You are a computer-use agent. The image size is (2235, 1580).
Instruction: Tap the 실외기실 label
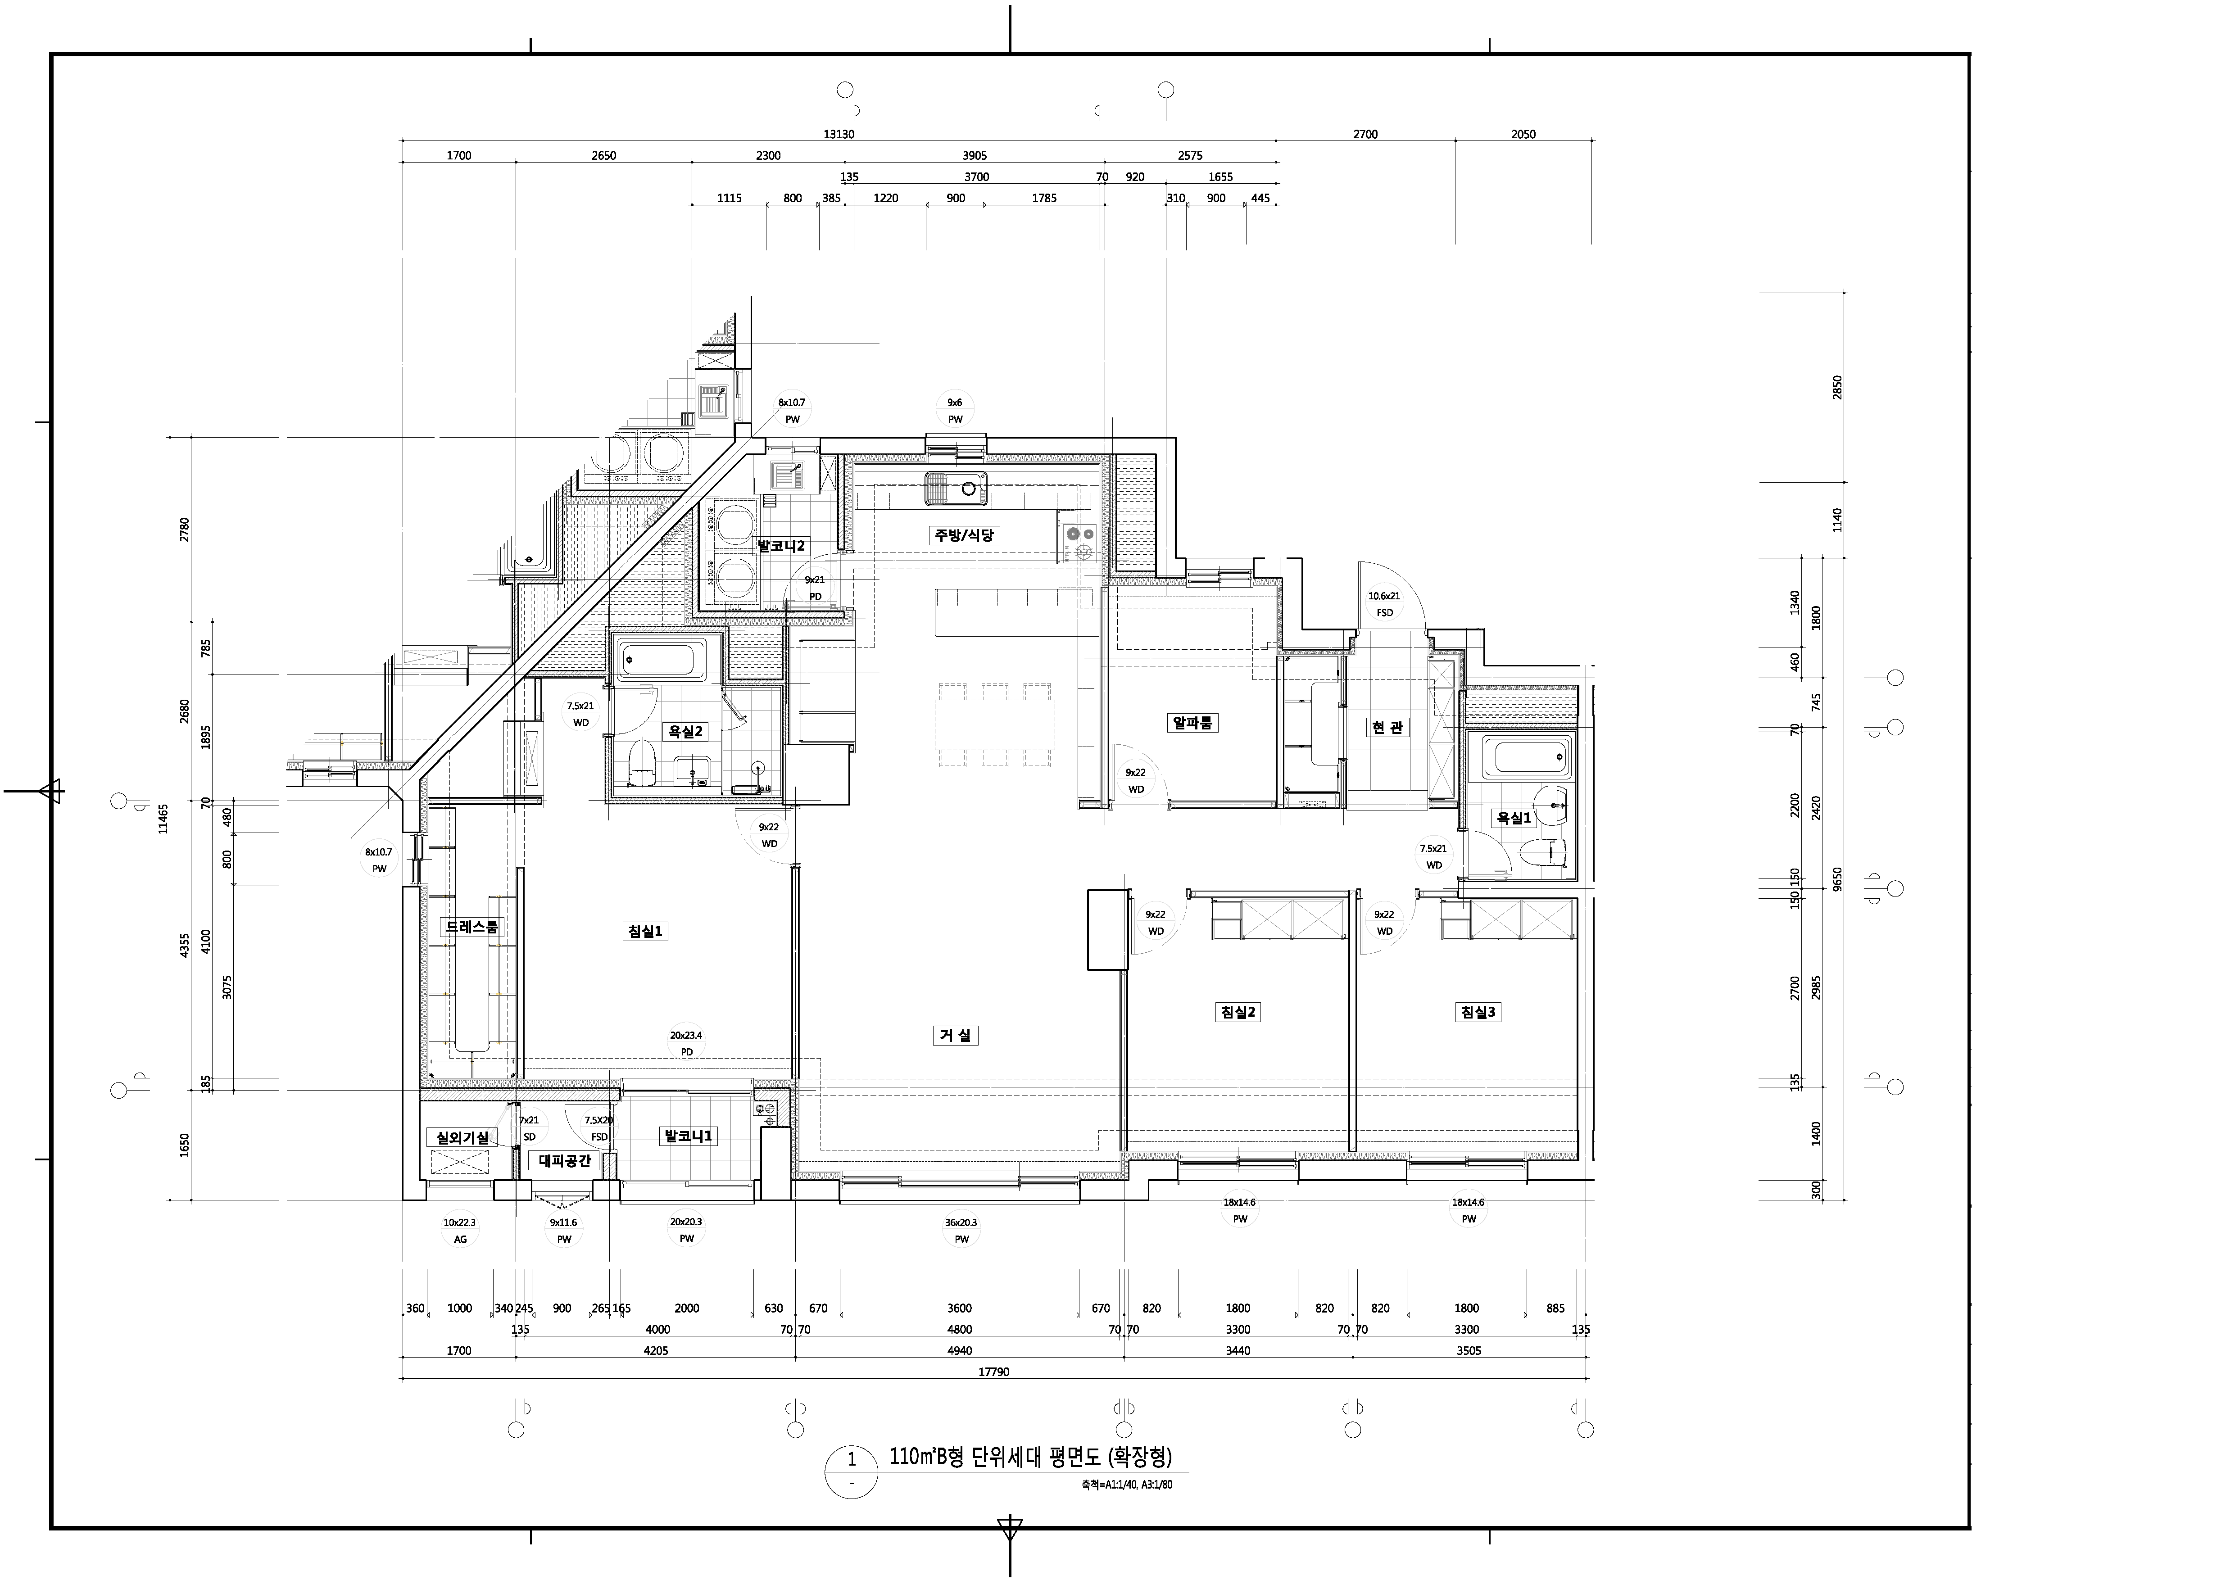click(462, 1137)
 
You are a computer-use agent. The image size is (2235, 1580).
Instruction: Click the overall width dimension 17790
click(993, 1372)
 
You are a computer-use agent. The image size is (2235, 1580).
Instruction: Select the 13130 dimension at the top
click(839, 134)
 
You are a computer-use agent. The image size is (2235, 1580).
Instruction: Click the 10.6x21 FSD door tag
click(1384, 603)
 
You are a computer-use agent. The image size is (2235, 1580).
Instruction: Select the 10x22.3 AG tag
click(459, 1231)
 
